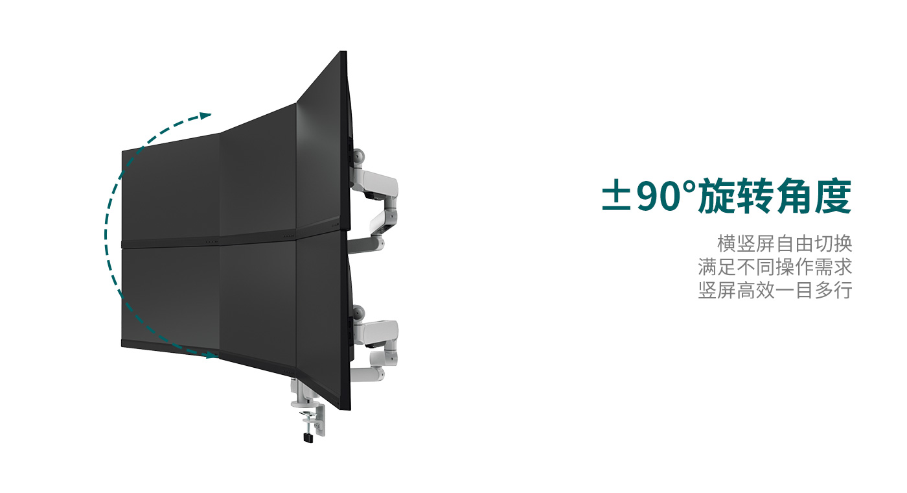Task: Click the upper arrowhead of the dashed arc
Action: [x=206, y=115]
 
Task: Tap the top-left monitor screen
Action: [x=170, y=188]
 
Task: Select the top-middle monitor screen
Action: [x=258, y=170]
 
